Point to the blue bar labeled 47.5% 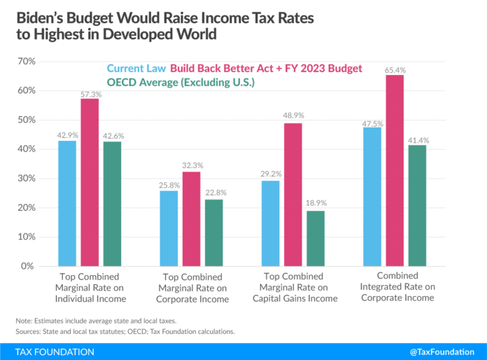tap(372, 197)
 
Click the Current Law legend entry tap(136, 69)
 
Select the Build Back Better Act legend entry tap(266, 69)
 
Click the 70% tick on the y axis tap(27, 62)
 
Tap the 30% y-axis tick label tap(27, 179)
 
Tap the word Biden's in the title tap(36, 15)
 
